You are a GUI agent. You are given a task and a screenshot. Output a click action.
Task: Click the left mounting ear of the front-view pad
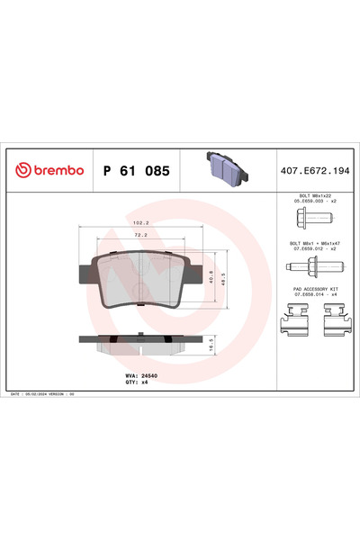coord(88,271)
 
